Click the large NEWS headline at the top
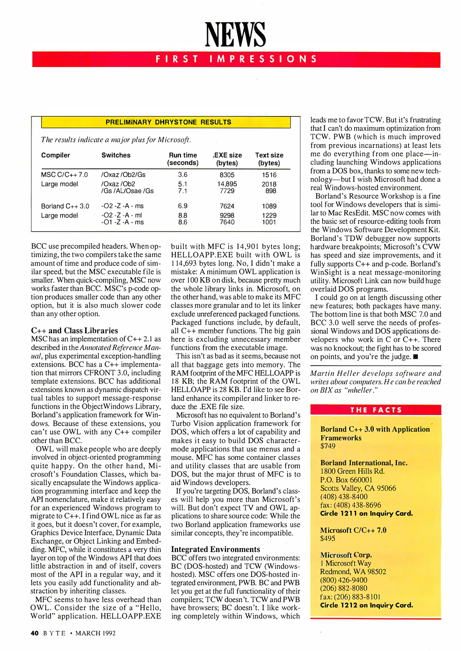[235, 35]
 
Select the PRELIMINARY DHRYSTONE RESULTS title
[168, 122]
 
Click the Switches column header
[116, 155]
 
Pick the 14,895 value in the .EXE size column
[227, 184]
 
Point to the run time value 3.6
[183, 175]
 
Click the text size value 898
[271, 191]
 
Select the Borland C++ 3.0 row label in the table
[65, 206]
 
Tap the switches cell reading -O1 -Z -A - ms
[122, 222]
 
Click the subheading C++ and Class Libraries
[74, 330]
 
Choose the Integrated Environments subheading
[215, 549]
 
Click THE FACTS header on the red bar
[376, 410]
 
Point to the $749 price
[328, 446]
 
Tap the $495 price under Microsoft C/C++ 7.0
[328, 538]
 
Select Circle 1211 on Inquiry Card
[366, 513]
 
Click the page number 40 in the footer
[35, 633]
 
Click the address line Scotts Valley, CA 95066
[358, 488]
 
